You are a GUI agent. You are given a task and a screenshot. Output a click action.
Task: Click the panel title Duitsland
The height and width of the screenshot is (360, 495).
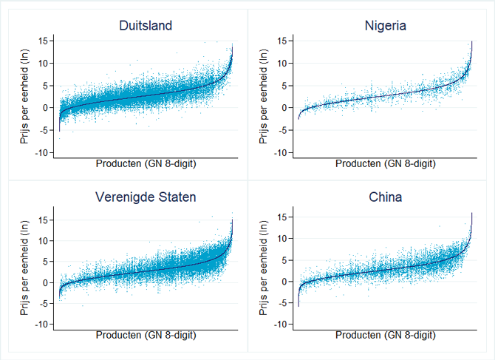[x=146, y=26]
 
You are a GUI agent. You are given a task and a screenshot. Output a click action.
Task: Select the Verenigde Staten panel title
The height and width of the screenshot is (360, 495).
[x=146, y=197]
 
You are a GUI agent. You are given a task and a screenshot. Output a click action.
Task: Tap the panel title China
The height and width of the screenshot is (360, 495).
[x=385, y=197]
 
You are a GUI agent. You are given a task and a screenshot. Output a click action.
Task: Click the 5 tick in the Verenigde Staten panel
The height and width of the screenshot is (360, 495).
[x=48, y=262]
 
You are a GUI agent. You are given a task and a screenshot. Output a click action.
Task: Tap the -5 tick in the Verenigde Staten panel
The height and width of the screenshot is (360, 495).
[x=46, y=304]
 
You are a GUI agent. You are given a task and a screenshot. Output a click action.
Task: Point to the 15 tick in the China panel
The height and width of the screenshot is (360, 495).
[x=284, y=219]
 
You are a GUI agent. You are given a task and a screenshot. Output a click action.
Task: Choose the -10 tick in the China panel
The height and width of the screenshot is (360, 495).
[x=281, y=325]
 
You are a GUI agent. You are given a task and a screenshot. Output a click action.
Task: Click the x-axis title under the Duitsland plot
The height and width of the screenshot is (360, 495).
[x=146, y=164]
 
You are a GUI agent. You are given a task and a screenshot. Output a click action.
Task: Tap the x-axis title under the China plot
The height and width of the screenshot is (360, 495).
[x=385, y=336]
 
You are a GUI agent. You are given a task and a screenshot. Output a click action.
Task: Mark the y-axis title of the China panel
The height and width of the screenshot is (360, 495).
[x=263, y=271]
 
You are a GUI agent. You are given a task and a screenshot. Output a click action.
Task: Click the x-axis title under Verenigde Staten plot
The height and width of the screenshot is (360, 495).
[x=146, y=336]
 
